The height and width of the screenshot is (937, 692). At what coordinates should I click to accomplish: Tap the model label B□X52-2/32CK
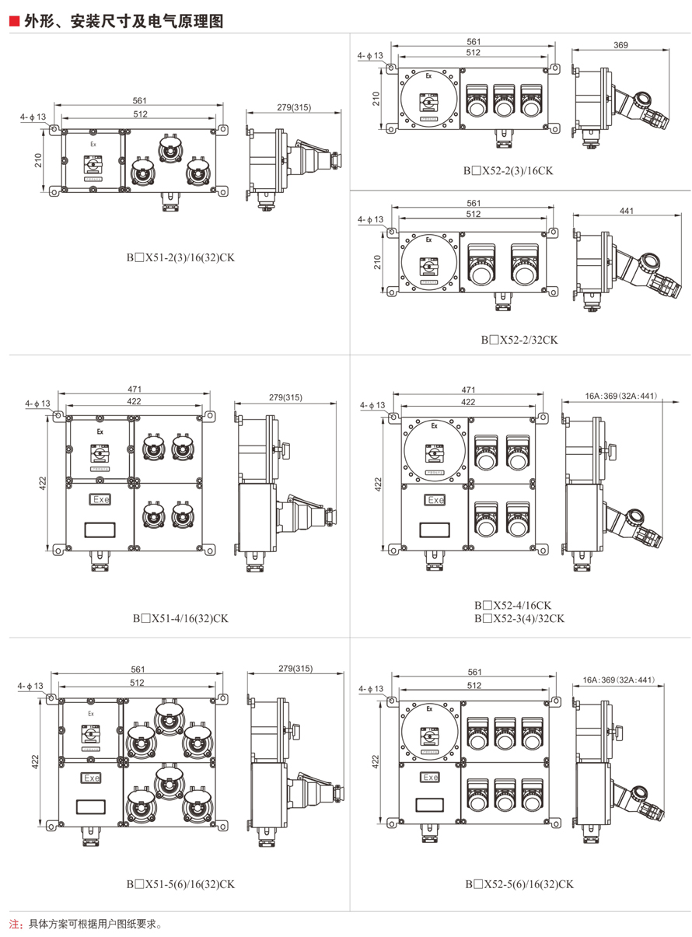coord(519,339)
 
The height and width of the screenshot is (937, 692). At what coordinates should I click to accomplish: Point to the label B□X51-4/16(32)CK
coord(180,618)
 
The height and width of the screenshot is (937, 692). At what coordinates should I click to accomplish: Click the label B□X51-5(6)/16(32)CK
coord(180,883)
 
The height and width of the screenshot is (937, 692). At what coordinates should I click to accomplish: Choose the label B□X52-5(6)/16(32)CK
coord(519,883)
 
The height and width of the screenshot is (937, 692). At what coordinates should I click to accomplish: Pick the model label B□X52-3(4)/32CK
coord(519,618)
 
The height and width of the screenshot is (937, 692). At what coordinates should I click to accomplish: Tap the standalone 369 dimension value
coord(620,46)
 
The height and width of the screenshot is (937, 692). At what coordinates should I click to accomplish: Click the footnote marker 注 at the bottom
coord(15,925)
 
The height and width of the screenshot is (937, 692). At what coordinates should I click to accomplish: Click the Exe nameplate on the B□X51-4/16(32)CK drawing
coord(100,500)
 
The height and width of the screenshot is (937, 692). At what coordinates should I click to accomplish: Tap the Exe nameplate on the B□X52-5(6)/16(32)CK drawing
coord(429,777)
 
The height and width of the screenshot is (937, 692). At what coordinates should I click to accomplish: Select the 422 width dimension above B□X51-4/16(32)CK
coord(135,401)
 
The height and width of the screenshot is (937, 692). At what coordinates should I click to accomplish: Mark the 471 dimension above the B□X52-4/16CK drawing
coord(468,390)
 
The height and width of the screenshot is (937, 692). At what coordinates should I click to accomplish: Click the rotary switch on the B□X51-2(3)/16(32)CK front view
coord(93,164)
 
